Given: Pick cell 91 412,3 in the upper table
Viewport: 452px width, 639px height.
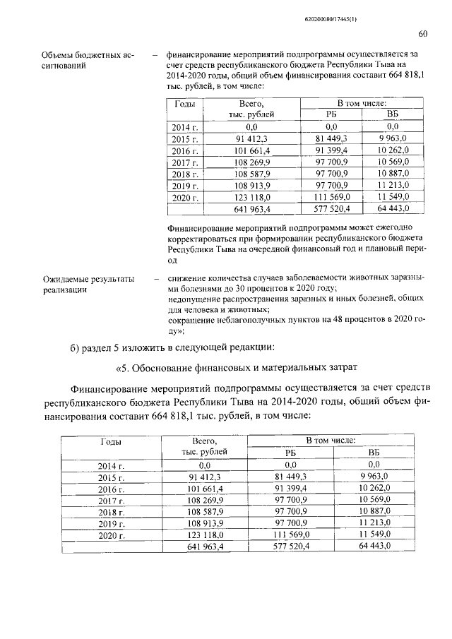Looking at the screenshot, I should point(251,140).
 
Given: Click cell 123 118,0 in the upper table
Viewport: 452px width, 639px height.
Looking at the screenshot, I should point(251,198).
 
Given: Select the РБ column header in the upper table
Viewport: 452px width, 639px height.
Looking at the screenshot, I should point(331,115).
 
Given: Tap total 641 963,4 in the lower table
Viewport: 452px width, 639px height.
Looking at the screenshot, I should point(205,547).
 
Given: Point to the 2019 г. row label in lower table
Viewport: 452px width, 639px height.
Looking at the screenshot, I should point(111,523).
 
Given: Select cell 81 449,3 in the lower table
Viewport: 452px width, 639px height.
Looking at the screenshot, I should point(290,477).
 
